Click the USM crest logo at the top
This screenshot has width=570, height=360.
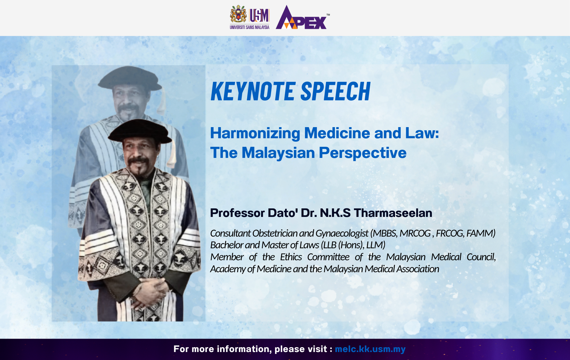(238, 14)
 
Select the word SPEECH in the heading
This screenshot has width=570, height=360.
(336, 91)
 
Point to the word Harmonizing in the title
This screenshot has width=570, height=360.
(255, 133)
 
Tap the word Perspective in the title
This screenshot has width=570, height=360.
(363, 153)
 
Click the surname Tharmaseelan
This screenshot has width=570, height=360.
(393, 213)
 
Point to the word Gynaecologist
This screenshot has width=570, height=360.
(342, 233)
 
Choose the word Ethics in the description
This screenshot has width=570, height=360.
(291, 257)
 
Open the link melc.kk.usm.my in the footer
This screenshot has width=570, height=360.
(370, 349)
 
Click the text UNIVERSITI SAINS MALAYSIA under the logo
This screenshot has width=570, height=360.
(250, 27)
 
